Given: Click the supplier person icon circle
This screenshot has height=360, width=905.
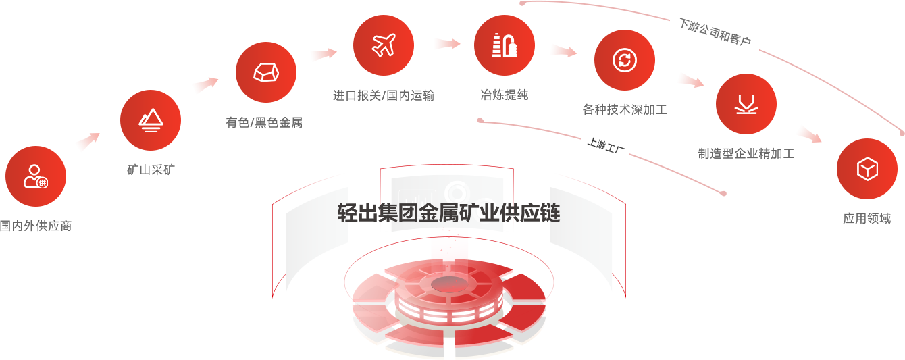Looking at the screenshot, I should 36,176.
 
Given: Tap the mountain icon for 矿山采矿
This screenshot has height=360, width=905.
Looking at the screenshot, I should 150,120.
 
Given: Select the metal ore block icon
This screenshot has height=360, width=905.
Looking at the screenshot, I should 266,72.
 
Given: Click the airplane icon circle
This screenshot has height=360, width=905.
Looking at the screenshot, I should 384,45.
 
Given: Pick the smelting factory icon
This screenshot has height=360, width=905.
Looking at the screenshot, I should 505,45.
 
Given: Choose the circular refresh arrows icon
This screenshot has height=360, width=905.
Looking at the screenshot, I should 624,60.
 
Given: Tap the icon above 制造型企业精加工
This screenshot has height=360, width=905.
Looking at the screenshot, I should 746,104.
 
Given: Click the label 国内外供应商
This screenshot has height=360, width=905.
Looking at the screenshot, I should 36,226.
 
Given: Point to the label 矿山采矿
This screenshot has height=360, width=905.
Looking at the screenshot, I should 150,170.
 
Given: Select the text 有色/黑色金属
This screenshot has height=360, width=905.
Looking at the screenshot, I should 264,122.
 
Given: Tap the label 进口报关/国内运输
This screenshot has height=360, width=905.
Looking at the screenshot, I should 383,95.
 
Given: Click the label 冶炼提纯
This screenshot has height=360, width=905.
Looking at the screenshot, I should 504,95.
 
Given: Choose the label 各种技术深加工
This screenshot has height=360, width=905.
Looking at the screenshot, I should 624,109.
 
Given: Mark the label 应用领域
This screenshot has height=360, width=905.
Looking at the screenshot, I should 867,218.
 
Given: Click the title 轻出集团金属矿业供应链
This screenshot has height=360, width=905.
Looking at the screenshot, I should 448,213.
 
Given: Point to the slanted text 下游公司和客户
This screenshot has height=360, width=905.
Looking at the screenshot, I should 715,32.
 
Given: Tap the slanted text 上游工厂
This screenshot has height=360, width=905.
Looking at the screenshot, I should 605,145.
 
